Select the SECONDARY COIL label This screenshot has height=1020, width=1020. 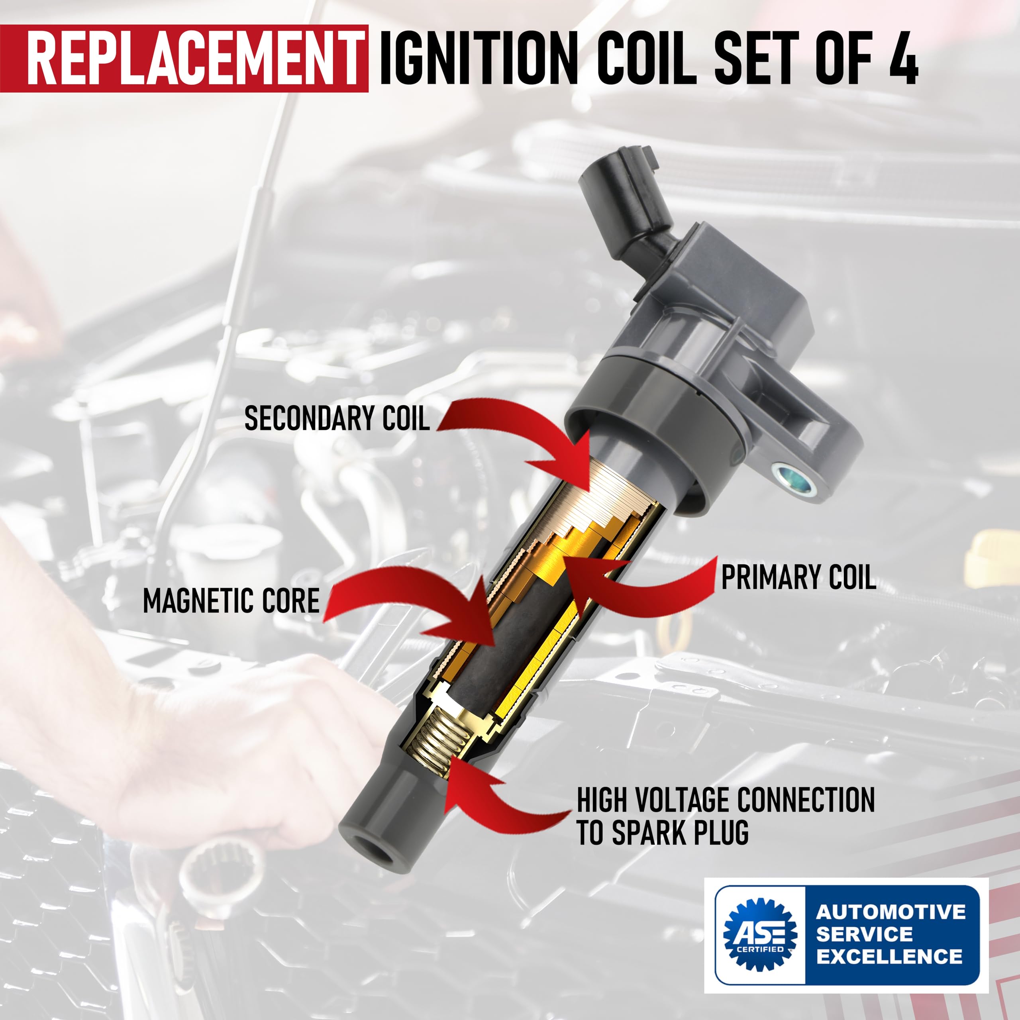tap(337, 419)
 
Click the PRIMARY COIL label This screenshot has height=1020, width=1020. tap(798, 577)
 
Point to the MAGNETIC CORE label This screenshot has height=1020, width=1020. tap(231, 601)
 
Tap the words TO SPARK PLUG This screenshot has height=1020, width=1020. tap(663, 833)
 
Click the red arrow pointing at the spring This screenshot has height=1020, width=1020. tap(491, 802)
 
